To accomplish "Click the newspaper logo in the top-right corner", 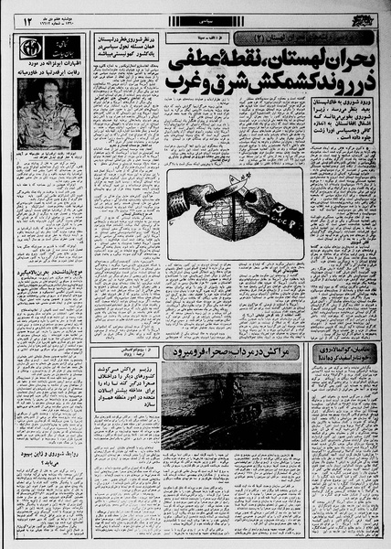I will coord(363,17).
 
